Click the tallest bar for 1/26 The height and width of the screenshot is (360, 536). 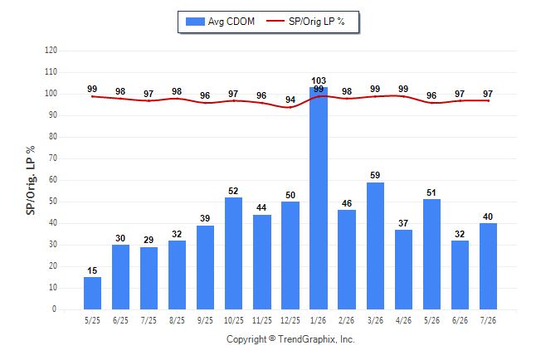[x=319, y=198]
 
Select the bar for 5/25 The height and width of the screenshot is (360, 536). [x=92, y=294]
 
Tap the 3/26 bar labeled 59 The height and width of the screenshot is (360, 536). [x=375, y=246]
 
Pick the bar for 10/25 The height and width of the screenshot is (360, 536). [x=233, y=253]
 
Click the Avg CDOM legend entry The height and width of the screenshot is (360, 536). [x=220, y=22]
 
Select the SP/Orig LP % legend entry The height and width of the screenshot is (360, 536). [x=305, y=22]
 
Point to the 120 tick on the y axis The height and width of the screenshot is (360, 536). [x=51, y=51]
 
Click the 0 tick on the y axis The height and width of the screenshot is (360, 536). [x=54, y=309]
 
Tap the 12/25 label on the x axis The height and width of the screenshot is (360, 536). [x=290, y=320]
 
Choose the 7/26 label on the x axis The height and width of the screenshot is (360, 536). [x=488, y=320]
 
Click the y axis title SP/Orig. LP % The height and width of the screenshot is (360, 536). [x=31, y=180]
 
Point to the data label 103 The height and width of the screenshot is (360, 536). [x=319, y=80]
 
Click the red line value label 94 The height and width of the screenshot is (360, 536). [x=290, y=100]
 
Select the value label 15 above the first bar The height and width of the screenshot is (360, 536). [x=92, y=270]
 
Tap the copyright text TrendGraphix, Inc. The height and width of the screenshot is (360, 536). [x=317, y=339]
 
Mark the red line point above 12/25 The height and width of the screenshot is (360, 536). [x=290, y=107]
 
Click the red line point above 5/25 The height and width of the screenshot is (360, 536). [x=92, y=97]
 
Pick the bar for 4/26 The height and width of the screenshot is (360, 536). [x=403, y=270]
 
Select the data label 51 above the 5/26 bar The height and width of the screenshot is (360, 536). [x=431, y=192]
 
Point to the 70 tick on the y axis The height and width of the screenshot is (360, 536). [x=52, y=158]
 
